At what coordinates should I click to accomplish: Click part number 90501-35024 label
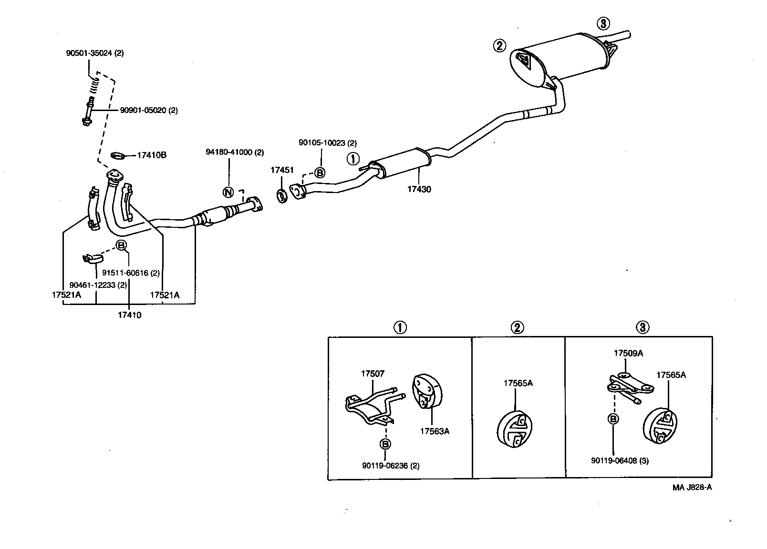click(94, 53)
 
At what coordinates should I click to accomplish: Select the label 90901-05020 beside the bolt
click(149, 110)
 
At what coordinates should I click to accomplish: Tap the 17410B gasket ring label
click(152, 155)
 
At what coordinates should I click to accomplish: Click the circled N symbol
click(228, 192)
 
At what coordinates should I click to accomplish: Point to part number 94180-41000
click(234, 152)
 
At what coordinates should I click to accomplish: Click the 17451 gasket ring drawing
click(282, 195)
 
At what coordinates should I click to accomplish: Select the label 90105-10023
click(328, 142)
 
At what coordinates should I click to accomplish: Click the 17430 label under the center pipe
click(419, 189)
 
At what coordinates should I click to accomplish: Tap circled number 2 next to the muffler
click(499, 46)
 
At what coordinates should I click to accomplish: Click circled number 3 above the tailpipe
click(603, 23)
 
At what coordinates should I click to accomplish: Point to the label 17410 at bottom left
click(130, 315)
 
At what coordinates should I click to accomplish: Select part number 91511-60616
click(131, 273)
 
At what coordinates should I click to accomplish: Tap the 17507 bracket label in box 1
click(373, 374)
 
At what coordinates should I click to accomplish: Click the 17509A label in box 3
click(628, 353)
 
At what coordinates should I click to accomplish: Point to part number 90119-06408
click(620, 461)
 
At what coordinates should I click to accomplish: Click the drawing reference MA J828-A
click(692, 487)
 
